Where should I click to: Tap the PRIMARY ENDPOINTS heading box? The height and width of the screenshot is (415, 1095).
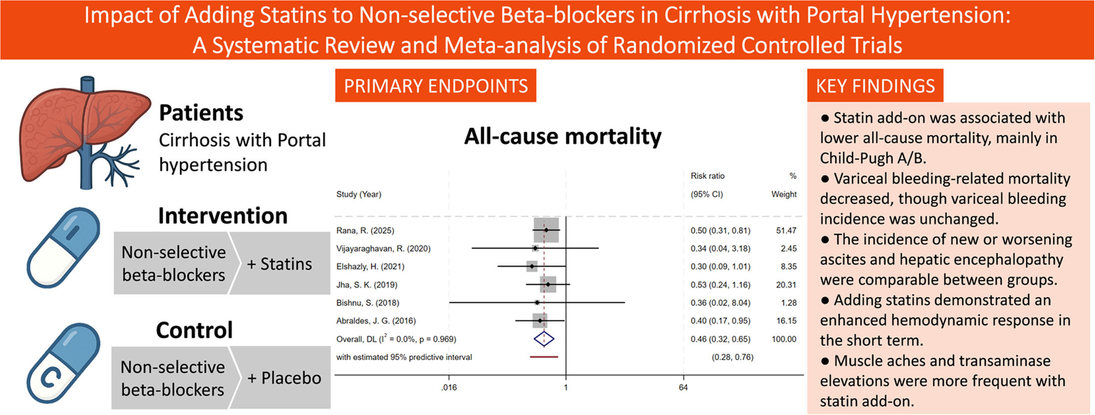pos(435,86)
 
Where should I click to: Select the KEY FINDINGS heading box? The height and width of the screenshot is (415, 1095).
pos(875,86)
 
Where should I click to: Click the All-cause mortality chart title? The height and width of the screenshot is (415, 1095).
pos(563,136)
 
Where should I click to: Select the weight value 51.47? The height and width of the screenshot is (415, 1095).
pos(786,230)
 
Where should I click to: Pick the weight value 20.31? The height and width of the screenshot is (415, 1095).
pos(786,285)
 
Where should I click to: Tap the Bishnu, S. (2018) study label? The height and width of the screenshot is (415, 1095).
pos(368,303)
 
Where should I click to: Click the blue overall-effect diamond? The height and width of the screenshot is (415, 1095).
pos(544,339)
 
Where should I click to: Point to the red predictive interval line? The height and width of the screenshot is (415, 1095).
pos(544,357)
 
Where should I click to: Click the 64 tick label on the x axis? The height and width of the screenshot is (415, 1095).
pos(683,387)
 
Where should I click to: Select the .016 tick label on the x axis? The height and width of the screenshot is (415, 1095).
pos(449,387)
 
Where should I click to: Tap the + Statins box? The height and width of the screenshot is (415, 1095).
pos(280,263)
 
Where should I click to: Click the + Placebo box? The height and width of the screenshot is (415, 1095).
pos(281,377)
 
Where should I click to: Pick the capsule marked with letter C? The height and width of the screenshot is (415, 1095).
pos(63,364)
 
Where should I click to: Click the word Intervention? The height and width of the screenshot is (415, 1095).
pos(223,216)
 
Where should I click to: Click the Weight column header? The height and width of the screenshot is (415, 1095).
pos(784,194)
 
